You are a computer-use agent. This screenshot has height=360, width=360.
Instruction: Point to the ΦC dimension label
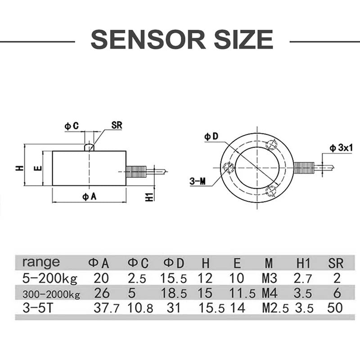coord(72,126)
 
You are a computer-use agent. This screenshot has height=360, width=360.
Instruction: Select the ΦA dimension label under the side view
coord(88,197)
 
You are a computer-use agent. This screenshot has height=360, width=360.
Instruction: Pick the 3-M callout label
coord(198,181)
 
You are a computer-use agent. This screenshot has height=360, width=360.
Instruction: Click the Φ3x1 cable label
coord(340,147)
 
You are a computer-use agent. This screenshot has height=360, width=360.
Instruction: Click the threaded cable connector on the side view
coord(136,171)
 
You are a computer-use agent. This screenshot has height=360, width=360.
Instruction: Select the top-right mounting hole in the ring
coord(271,144)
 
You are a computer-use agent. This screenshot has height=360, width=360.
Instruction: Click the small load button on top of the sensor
coord(90,147)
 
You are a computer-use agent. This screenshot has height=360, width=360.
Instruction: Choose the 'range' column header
coord(40,262)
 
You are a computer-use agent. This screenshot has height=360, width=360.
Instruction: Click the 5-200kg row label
coord(49,278)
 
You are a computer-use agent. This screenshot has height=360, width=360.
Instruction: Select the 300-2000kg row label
coord(51,294)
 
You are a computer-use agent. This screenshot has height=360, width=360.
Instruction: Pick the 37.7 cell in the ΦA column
coord(101,309)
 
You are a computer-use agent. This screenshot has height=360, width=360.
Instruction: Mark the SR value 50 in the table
coord(335,309)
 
